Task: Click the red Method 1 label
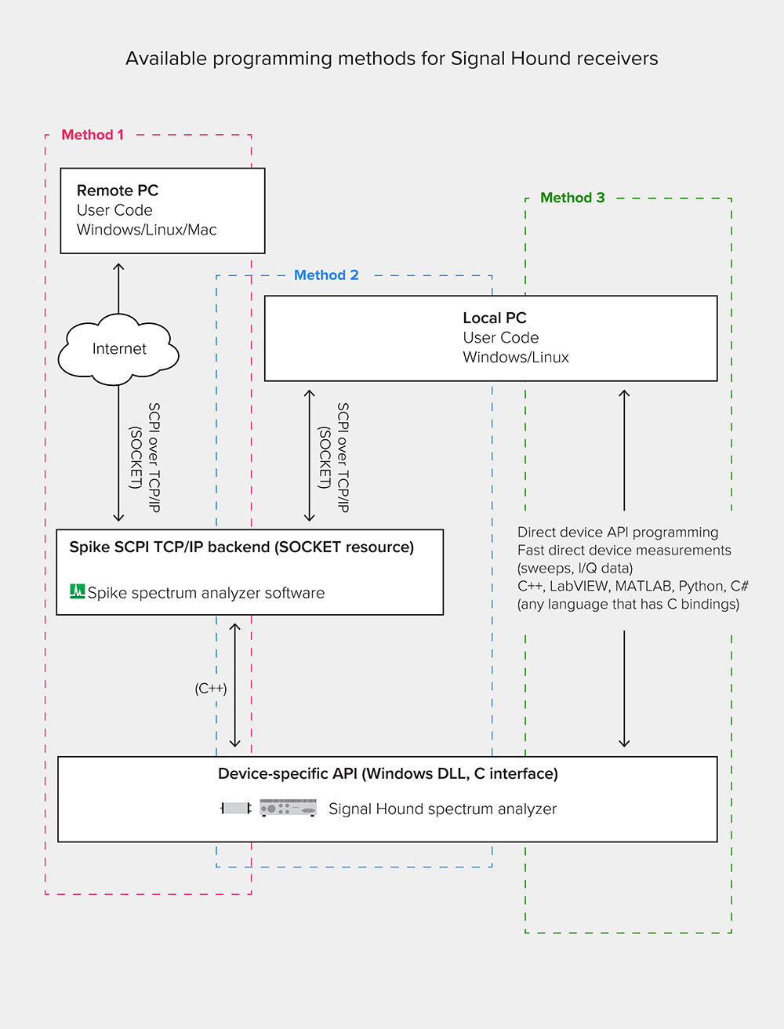93,135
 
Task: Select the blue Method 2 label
326,275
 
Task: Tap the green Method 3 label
572,198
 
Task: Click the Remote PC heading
118,191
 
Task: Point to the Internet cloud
119,349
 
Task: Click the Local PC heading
495,318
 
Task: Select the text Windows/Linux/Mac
147,230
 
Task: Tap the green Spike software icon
77,591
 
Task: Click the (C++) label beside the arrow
211,689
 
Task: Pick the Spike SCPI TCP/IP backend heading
241,547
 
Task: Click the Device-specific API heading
388,774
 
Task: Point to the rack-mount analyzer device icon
288,808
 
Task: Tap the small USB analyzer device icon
235,808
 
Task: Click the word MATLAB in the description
644,587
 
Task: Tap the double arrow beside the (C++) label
234,685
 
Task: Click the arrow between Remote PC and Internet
118,288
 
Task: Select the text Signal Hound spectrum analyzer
442,809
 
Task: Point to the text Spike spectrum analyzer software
206,593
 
